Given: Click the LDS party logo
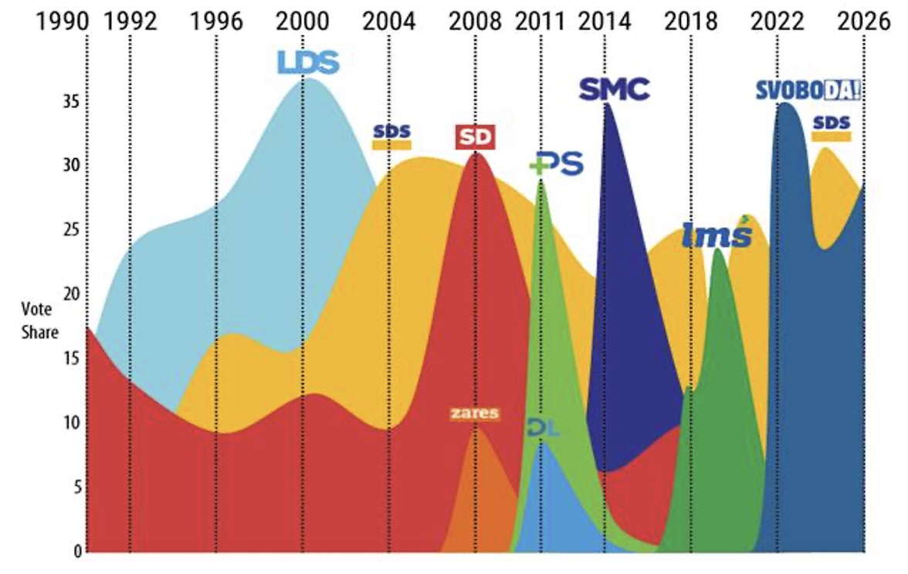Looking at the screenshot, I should pyautogui.click(x=308, y=62).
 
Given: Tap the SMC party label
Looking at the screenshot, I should pyautogui.click(x=615, y=89).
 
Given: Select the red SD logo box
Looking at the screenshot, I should pyautogui.click(x=474, y=137).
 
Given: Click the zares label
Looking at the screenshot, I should pyautogui.click(x=474, y=414).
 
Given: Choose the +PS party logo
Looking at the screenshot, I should pyautogui.click(x=557, y=164).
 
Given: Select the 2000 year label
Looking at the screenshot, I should pyautogui.click(x=302, y=22).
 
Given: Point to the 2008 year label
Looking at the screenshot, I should pyautogui.click(x=476, y=22).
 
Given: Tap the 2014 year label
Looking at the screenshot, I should pyautogui.click(x=605, y=22).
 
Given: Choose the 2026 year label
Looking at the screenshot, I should pyautogui.click(x=866, y=22).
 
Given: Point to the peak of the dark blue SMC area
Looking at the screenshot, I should pyautogui.click(x=607, y=103).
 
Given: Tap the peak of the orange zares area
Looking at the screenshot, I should pyautogui.click(x=475, y=427).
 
